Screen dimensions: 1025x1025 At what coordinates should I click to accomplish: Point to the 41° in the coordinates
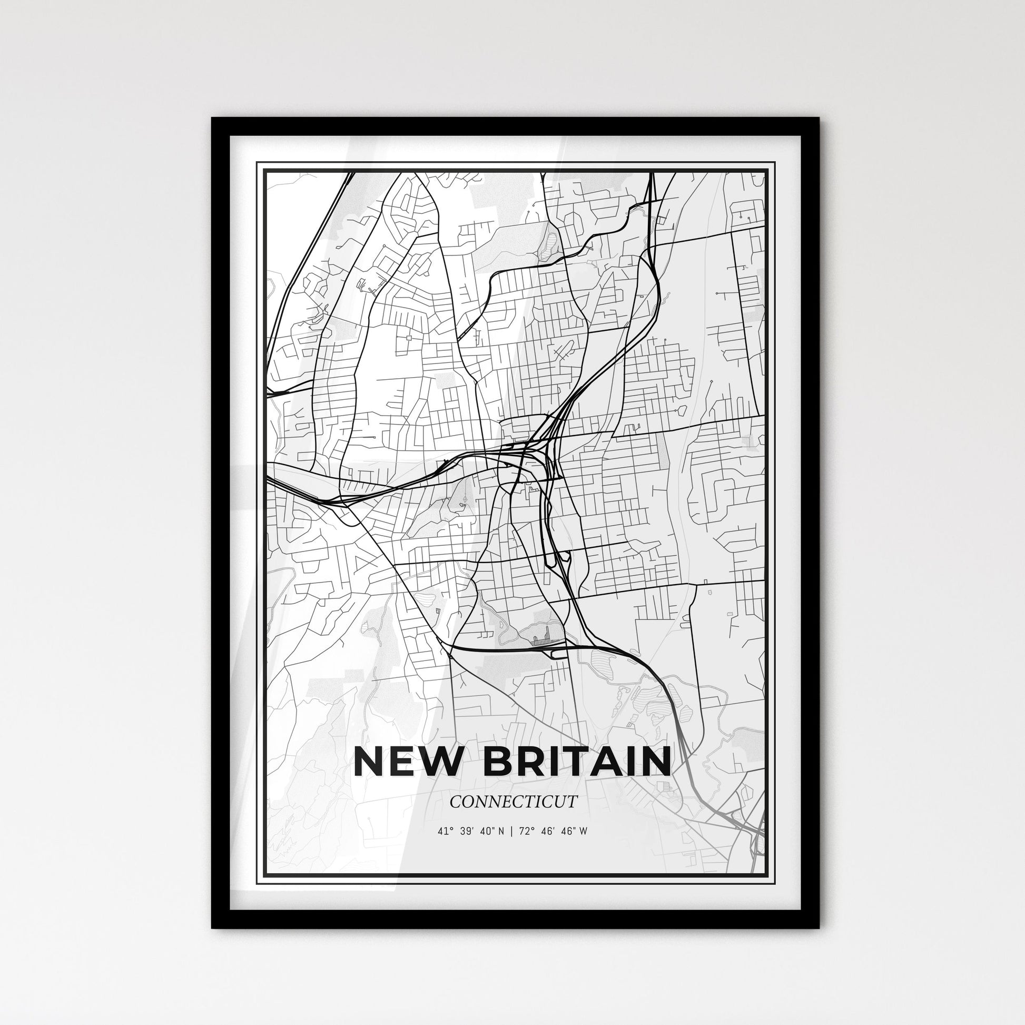(443, 832)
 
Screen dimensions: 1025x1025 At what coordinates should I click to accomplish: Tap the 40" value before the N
(487, 832)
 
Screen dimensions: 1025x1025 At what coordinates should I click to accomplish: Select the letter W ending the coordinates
(583, 832)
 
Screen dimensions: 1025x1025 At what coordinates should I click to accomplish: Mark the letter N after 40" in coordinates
(501, 832)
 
